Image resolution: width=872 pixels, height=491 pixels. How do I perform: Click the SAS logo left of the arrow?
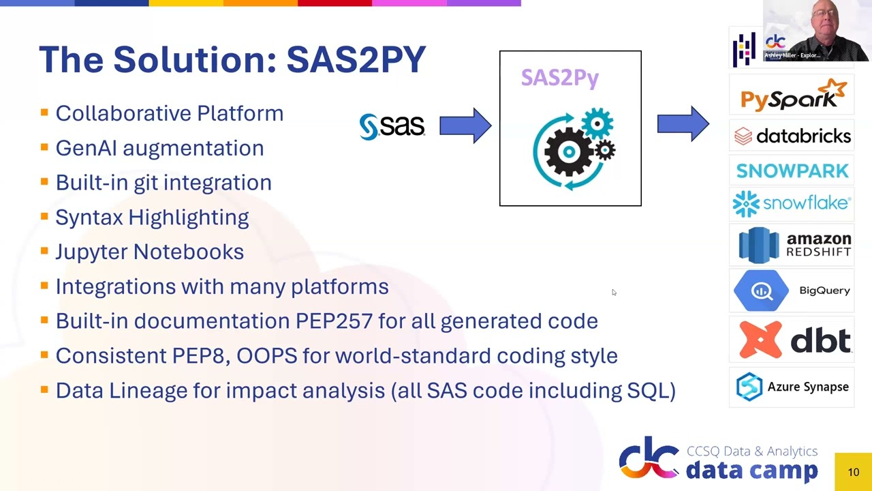pos(392,126)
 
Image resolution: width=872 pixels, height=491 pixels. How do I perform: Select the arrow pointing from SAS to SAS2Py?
pos(465,125)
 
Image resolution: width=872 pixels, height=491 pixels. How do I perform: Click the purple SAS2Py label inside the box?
pos(560,78)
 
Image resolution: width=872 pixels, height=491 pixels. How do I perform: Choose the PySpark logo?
pos(793,95)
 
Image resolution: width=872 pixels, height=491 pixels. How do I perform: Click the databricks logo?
pos(792,136)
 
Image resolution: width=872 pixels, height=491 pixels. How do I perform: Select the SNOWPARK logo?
pos(792,170)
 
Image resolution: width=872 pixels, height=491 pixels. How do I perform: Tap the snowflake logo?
pos(792,203)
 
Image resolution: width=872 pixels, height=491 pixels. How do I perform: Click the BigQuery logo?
pos(792,291)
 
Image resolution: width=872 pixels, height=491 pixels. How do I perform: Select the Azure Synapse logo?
pos(792,387)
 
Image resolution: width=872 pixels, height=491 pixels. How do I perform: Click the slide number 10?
pos(853,472)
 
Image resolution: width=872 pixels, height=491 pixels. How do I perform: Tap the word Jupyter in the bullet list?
pos(91,252)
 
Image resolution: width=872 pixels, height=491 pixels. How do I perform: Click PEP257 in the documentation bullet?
pos(334,321)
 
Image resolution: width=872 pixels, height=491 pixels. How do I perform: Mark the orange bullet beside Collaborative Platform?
pos(44,112)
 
